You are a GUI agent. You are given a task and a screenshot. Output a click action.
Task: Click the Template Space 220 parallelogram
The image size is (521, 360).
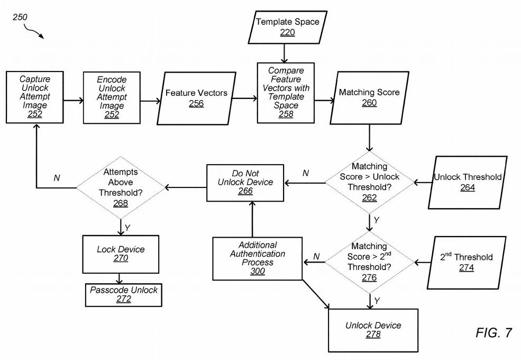point(287,28)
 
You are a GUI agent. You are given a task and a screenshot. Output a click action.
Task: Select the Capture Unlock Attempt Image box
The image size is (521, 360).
point(34,97)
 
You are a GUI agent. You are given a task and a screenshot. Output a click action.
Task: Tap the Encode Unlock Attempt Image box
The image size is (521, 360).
point(112,97)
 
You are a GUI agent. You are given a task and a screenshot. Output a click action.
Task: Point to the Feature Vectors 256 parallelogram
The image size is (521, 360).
point(196,98)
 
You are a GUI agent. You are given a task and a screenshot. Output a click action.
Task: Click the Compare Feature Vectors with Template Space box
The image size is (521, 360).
point(286,93)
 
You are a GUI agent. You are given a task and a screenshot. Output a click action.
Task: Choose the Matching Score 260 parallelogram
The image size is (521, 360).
point(369,98)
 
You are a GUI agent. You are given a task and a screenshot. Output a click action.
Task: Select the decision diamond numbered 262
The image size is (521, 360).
point(370,182)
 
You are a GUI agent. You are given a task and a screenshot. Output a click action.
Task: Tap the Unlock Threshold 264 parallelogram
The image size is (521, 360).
point(468,182)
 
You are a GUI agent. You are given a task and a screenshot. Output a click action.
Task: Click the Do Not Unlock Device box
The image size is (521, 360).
point(245,183)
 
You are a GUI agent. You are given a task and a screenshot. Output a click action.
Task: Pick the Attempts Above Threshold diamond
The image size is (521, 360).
point(121,187)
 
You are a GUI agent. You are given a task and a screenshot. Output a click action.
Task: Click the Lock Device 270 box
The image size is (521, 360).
point(121,254)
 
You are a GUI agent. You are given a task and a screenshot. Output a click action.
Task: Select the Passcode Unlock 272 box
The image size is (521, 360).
point(124,295)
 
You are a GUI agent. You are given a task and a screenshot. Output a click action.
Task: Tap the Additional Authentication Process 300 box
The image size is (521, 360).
point(258,258)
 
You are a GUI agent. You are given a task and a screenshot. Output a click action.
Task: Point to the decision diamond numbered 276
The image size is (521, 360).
point(370,262)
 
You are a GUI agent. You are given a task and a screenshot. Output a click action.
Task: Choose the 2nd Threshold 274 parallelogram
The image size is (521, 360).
point(467,263)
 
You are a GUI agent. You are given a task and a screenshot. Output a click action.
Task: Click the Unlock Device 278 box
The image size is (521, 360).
point(373,330)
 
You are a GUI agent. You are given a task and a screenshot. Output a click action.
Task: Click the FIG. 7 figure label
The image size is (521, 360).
point(493,332)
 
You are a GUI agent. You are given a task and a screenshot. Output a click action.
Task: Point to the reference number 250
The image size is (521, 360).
point(20,17)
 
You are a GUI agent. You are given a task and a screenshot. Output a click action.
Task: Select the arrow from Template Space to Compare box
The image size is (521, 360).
point(284,53)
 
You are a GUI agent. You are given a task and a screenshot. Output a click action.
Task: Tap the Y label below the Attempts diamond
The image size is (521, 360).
point(127,228)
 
